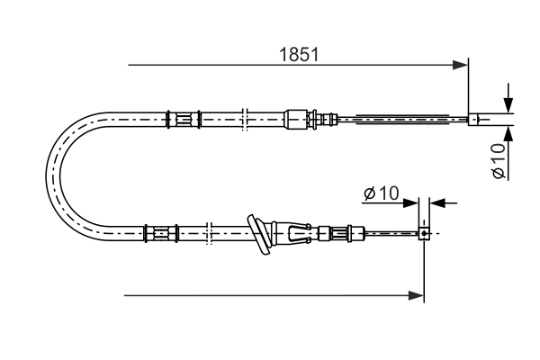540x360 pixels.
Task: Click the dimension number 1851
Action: [x=298, y=54]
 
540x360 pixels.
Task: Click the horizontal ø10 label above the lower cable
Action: [x=382, y=193]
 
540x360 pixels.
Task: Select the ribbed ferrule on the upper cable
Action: [x=183, y=118]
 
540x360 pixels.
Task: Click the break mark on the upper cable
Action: [x=244, y=118]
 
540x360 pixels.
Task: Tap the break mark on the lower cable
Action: [x=208, y=233]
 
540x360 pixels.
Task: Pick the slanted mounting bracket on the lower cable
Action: [x=260, y=234]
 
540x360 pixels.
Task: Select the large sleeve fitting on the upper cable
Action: [x=296, y=118]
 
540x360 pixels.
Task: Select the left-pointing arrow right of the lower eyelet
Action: [x=437, y=203]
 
